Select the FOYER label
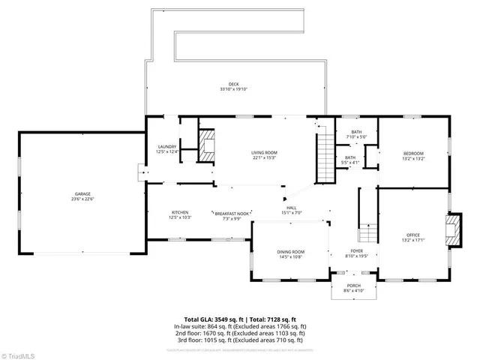pyautogui.click(x=358, y=253)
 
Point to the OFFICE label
pyautogui.click(x=414, y=238)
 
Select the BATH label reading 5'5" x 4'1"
pyautogui.click(x=350, y=160)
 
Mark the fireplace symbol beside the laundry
pyautogui.click(x=207, y=143)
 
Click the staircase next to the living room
pyautogui.click(x=324, y=158)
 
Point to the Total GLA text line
pyautogui.click(x=241, y=319)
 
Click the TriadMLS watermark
pyautogui.click(x=20, y=353)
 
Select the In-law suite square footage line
pyautogui.click(x=241, y=327)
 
